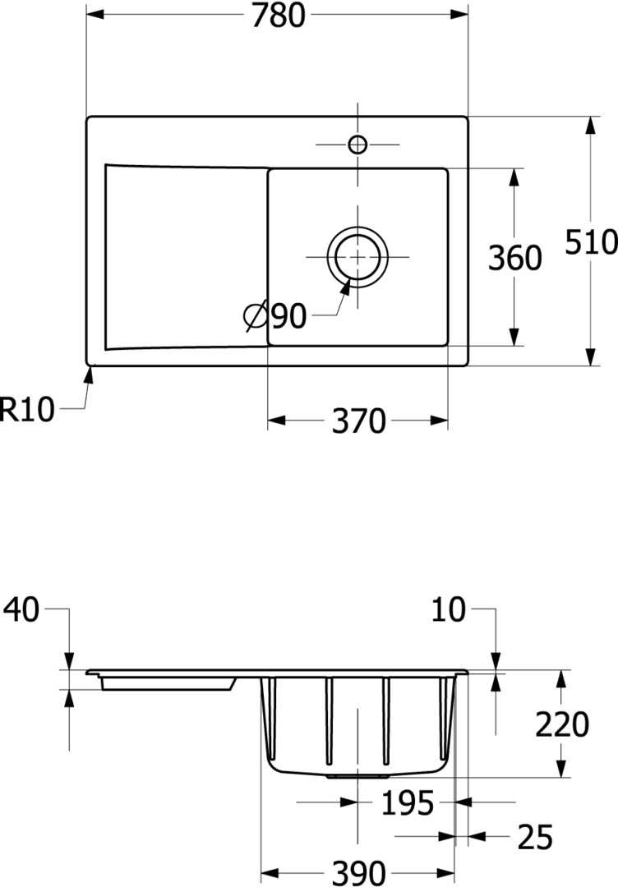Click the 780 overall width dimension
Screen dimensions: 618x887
pyautogui.click(x=278, y=16)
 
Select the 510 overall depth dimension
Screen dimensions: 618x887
pyautogui.click(x=592, y=242)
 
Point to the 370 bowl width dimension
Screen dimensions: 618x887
pyautogui.click(x=358, y=421)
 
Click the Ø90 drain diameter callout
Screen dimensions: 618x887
pyautogui.click(x=275, y=316)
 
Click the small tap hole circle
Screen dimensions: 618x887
pyautogui.click(x=357, y=145)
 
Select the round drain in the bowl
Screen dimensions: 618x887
pyautogui.click(x=357, y=257)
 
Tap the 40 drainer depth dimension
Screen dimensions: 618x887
pyautogui.click(x=22, y=609)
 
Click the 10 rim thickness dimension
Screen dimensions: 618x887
pyautogui.click(x=448, y=609)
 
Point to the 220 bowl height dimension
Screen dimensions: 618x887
pyautogui.click(x=562, y=724)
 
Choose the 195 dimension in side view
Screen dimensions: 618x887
pyautogui.click(x=408, y=803)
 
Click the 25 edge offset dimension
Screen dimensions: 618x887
pyautogui.click(x=535, y=838)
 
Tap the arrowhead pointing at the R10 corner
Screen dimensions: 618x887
pyautogui.click(x=89, y=375)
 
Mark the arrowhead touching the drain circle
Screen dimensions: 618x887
pyautogui.click(x=346, y=286)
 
